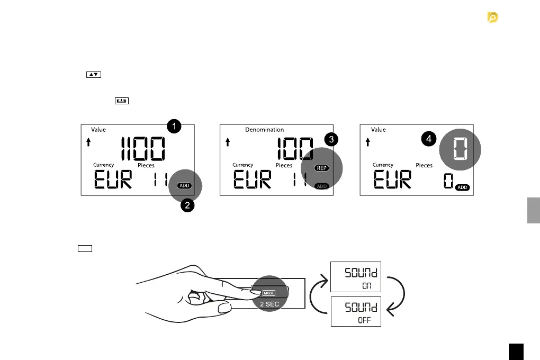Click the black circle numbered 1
coord(174,126)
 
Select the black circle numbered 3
coord(331,140)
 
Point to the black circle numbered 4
coord(429,139)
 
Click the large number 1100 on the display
coord(142,150)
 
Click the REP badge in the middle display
coord(321,168)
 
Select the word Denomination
coord(264,130)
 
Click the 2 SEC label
coord(269,304)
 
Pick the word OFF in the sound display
coord(364,320)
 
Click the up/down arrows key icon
coord(93,75)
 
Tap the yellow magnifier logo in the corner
coord(493,19)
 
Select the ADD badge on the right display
coord(462,188)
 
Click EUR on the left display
coord(113,181)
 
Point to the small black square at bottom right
coord(516,352)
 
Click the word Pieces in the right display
coord(424,165)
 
